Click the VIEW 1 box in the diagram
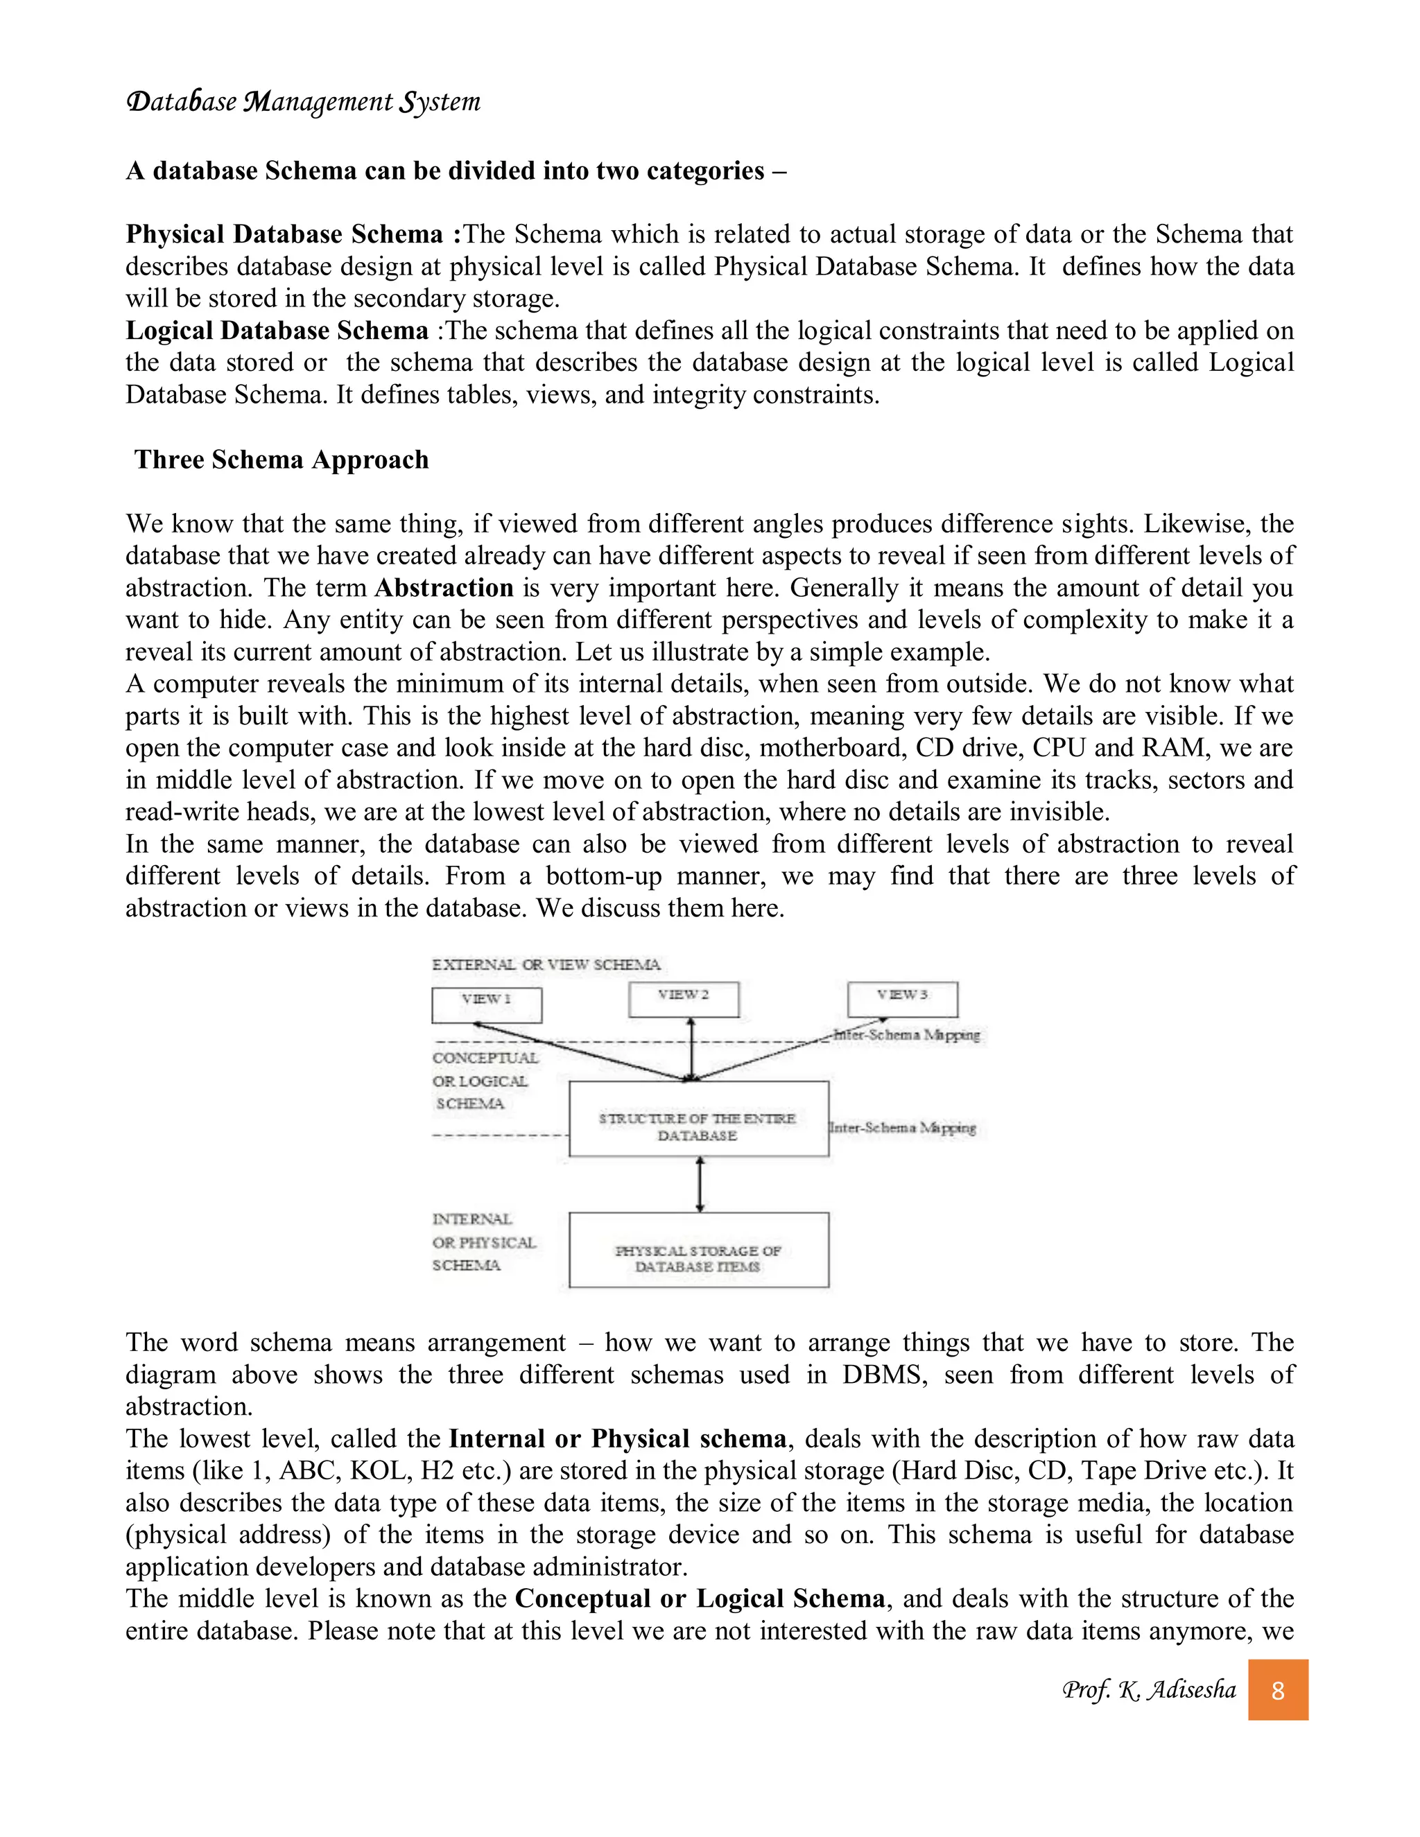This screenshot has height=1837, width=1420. point(486,1004)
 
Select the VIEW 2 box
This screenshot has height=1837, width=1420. point(683,998)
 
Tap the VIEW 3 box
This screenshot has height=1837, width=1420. point(902,998)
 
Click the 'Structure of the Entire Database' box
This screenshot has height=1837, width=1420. point(698,1119)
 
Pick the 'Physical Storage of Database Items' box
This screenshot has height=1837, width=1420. point(698,1250)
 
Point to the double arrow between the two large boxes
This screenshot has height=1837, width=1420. point(700,1184)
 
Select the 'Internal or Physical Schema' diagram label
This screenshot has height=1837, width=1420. point(484,1242)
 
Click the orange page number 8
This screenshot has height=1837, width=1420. point(1277,1691)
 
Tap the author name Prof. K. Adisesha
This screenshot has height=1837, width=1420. point(1148,1690)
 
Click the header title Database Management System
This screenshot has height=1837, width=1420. point(303,102)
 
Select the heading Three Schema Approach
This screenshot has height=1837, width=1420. point(282,460)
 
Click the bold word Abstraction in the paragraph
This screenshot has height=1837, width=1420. point(443,588)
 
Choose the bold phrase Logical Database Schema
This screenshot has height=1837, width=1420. point(277,331)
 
